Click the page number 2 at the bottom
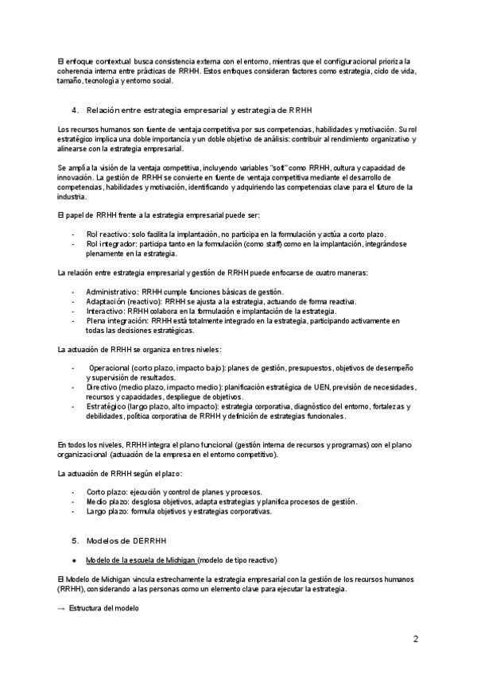[x=415, y=638]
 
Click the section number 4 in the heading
[x=74, y=108]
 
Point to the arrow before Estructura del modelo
[x=62, y=608]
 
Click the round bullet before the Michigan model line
[x=74, y=559]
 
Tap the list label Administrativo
[x=112, y=292]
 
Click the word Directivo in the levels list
[x=103, y=387]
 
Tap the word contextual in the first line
[x=107, y=61]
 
